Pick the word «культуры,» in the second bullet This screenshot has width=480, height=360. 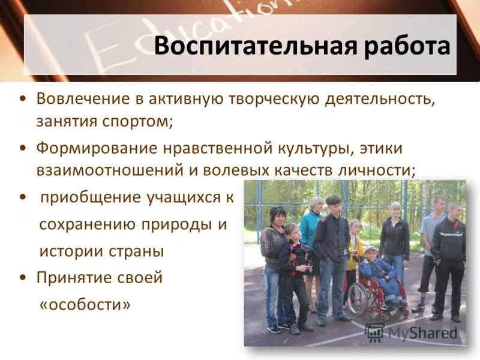[x=333, y=148]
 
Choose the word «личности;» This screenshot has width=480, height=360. [x=380, y=170]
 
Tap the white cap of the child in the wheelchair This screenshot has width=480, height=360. [x=371, y=249]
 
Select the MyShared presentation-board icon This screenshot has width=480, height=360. [x=374, y=332]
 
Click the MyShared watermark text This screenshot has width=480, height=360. [x=422, y=332]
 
